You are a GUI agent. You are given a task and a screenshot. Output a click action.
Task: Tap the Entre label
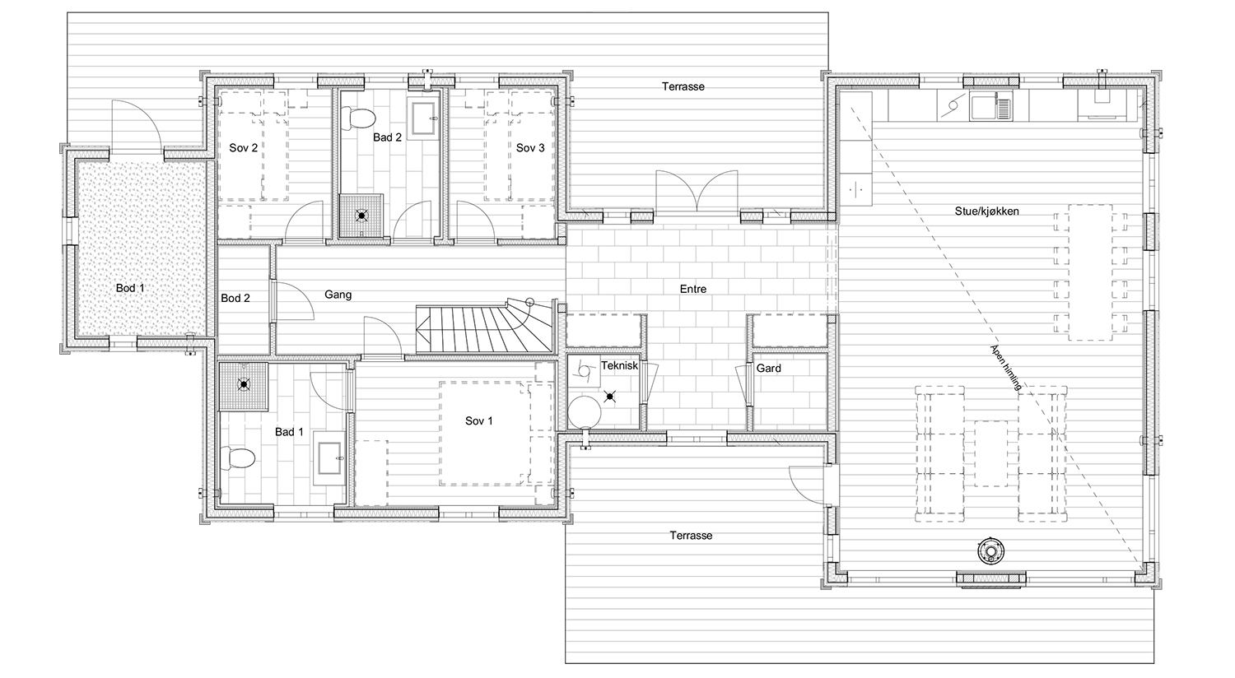tap(693, 289)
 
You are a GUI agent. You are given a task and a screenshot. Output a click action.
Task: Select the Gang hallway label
tap(338, 295)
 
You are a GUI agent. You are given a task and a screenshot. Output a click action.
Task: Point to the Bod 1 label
tap(130, 288)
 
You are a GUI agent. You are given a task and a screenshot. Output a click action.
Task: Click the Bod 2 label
tap(235, 298)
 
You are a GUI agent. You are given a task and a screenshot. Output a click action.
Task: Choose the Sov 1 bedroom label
tap(478, 420)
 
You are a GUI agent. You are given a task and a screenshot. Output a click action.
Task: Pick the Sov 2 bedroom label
tap(243, 147)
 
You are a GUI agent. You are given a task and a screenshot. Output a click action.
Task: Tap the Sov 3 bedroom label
tap(530, 147)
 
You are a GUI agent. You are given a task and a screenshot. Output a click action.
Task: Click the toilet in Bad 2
tap(358, 118)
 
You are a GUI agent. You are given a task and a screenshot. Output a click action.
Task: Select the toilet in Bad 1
tap(238, 457)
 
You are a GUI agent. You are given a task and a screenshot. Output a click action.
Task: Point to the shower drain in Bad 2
tap(361, 216)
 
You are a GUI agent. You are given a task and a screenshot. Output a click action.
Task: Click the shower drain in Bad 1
tap(243, 384)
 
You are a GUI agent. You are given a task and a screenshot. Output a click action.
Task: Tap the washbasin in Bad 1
tap(329, 458)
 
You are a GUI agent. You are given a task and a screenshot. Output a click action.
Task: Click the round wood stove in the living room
tap(990, 550)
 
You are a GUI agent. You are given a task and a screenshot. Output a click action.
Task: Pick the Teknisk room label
tap(619, 365)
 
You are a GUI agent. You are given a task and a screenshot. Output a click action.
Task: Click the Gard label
tap(768, 369)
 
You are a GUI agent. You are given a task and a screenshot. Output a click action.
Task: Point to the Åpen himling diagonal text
tap(1006, 367)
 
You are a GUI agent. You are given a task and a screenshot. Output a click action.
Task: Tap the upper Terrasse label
tap(683, 86)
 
